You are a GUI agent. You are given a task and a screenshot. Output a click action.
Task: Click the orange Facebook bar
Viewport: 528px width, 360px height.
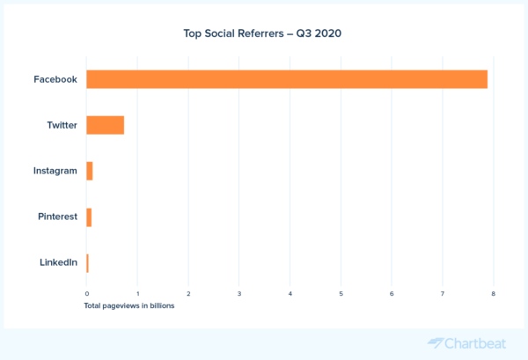[287, 79]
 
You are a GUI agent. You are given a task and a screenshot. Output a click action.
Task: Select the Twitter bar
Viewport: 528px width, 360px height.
[105, 125]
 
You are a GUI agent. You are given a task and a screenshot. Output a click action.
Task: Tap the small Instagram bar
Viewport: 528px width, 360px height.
[90, 171]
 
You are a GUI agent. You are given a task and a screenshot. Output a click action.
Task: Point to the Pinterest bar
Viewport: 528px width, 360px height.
[89, 217]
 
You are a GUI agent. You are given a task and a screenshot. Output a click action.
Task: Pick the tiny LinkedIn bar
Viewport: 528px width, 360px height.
[87, 262]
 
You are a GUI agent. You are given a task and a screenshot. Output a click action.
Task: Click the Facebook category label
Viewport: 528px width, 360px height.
[55, 79]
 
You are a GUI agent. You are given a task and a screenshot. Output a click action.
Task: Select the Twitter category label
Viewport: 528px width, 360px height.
[62, 125]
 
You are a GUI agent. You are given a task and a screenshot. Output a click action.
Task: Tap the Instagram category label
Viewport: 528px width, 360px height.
[55, 171]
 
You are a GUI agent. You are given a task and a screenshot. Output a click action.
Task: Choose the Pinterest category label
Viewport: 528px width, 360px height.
[58, 217]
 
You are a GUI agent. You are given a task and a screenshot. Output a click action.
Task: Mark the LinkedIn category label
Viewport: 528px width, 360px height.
[58, 262]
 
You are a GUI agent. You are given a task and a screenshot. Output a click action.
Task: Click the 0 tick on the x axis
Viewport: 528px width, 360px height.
[86, 293]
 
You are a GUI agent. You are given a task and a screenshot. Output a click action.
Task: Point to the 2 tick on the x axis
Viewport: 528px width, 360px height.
[188, 293]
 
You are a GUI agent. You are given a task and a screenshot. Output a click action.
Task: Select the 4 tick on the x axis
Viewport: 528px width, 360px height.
[290, 293]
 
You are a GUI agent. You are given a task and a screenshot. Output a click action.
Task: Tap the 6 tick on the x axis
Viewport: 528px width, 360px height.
[392, 293]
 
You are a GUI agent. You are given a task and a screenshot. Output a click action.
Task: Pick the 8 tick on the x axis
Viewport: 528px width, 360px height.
[494, 293]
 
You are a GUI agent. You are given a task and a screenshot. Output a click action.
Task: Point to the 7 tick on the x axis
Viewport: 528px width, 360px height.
[443, 293]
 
